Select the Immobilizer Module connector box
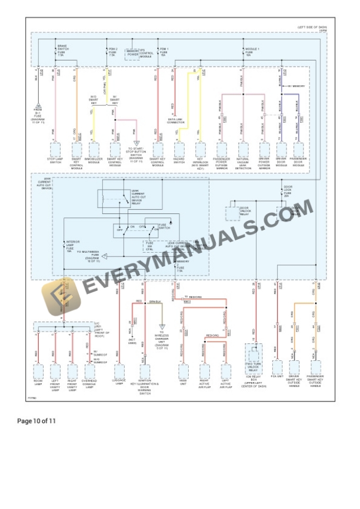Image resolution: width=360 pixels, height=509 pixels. click(92, 150)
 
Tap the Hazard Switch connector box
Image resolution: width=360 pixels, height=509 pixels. click(179, 150)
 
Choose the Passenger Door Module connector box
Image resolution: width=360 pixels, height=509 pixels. click(298, 150)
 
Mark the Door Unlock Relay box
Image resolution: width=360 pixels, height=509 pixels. click(235, 212)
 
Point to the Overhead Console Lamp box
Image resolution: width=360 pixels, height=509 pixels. click(90, 371)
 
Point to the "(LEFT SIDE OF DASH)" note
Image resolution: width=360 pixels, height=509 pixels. click(311, 27)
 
